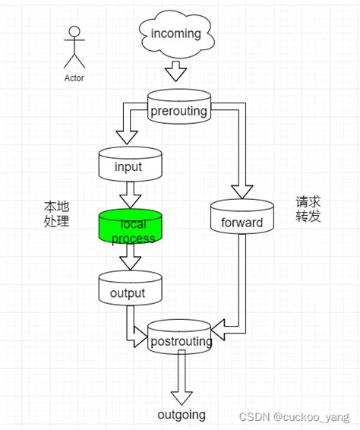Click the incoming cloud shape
(175, 34)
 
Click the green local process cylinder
(131, 228)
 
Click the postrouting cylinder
(180, 341)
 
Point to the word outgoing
(181, 415)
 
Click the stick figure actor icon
(74, 47)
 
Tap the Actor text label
(74, 77)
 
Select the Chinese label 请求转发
(309, 210)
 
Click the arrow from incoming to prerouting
(175, 72)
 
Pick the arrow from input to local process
(130, 195)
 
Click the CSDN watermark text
(295, 416)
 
